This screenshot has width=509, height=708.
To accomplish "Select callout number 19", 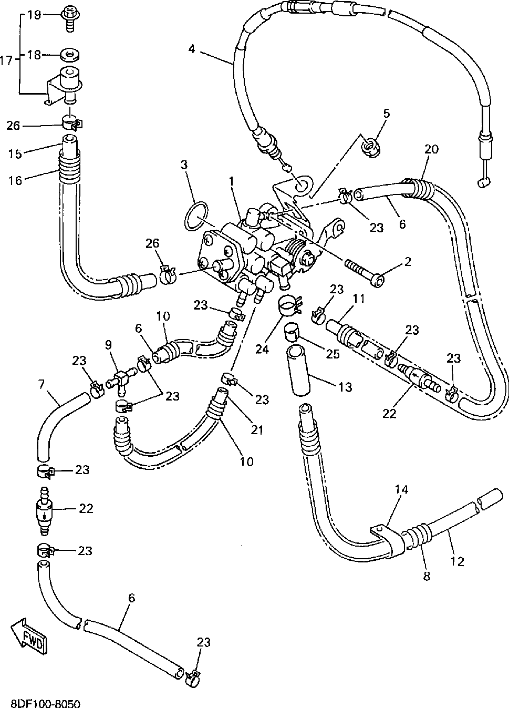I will click(34, 14).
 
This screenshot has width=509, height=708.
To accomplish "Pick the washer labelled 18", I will click(69, 54).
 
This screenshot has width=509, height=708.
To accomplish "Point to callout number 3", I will click(184, 165).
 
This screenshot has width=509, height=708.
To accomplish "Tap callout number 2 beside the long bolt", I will click(408, 261).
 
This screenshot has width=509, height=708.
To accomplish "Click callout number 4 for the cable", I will click(191, 49).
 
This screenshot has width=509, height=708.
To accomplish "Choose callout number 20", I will click(431, 149).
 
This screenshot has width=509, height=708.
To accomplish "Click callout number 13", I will click(345, 387).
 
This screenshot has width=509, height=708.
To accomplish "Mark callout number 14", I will click(401, 489).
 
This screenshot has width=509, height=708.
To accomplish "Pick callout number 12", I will click(458, 561).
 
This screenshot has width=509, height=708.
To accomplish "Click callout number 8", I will click(426, 576).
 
